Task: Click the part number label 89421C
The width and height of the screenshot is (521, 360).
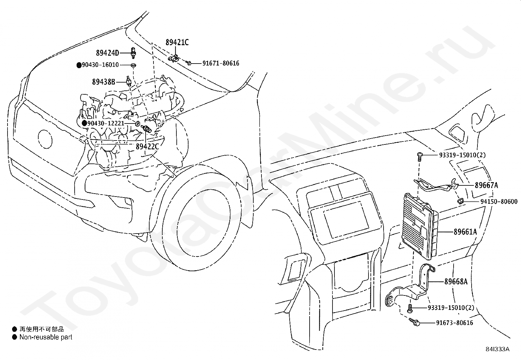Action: pyautogui.click(x=177, y=42)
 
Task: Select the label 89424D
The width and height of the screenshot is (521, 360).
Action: pyautogui.click(x=107, y=53)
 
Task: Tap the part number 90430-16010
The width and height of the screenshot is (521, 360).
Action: pyautogui.click(x=100, y=65)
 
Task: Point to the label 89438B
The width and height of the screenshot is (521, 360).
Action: pyautogui.click(x=103, y=82)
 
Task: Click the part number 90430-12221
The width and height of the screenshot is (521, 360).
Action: pyautogui.click(x=106, y=123)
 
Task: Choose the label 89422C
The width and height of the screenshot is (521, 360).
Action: pyautogui.click(x=147, y=146)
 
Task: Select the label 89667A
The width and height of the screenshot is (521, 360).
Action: pyautogui.click(x=486, y=185)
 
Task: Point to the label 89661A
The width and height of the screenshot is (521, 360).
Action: pyautogui.click(x=465, y=232)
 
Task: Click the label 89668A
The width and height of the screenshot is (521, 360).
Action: pyautogui.click(x=456, y=281)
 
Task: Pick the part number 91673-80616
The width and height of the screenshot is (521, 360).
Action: pyautogui.click(x=454, y=323)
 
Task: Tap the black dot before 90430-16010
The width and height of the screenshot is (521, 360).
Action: pyautogui.click(x=79, y=65)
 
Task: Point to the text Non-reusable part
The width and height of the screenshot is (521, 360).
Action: pyautogui.click(x=45, y=337)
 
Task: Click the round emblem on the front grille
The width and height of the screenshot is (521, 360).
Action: pyautogui.click(x=45, y=139)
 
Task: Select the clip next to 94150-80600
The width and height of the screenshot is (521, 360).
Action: pyautogui.click(x=460, y=201)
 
